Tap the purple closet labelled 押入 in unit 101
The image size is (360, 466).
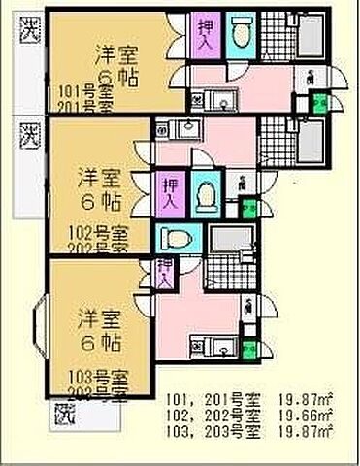pos(206,37)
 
